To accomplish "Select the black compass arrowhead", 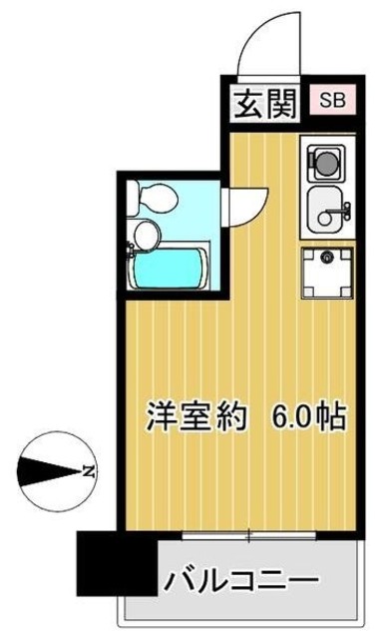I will point(40,468).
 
